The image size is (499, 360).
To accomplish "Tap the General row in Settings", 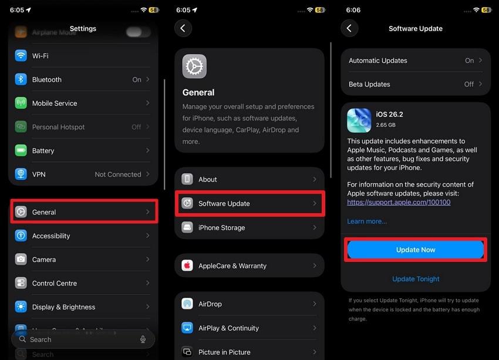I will [83, 212].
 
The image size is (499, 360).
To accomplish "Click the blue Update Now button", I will [416, 250].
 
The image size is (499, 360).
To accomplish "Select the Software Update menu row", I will [249, 203].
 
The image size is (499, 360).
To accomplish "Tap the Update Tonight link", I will [416, 279].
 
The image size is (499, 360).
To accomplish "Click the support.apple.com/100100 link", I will [399, 202].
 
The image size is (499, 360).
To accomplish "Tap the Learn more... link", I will [367, 221].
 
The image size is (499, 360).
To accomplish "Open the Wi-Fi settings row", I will [83, 56].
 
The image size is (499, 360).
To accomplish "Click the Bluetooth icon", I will [21, 79].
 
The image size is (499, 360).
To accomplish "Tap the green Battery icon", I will [21, 150].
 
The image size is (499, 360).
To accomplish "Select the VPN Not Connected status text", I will [118, 174].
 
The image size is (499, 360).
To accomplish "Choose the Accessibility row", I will [83, 236].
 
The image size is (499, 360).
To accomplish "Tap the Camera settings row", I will [83, 260].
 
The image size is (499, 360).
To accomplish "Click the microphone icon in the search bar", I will [143, 339].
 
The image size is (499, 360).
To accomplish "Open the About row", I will [249, 179].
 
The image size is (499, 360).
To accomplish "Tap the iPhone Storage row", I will [249, 227].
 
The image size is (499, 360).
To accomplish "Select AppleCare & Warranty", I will [249, 265].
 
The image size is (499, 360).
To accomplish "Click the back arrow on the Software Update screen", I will [349, 28].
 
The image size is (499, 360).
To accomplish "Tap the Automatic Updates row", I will [416, 60].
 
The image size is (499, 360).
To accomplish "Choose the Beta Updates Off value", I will [469, 84].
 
